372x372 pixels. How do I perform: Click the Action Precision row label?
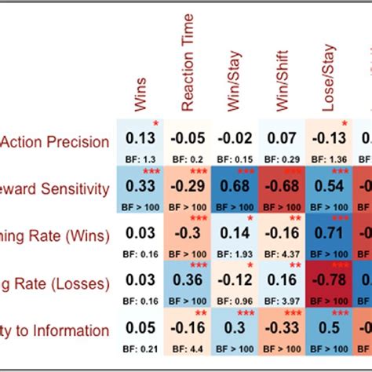coord(55,142)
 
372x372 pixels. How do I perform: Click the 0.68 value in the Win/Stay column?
coord(235,188)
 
